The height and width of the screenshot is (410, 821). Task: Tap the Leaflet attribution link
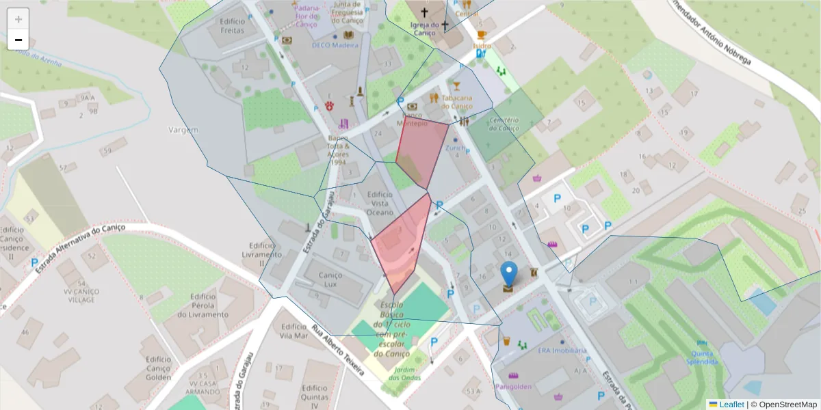[x=731, y=405]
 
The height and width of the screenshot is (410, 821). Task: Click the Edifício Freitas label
[x=233, y=26]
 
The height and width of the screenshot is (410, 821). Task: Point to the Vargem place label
[x=183, y=129]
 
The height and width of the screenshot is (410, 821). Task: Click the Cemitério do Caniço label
[x=504, y=124]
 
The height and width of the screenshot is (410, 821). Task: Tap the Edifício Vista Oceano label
[x=380, y=204]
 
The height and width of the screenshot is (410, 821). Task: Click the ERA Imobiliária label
[x=562, y=351]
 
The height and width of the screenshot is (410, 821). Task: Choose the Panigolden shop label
[x=514, y=386]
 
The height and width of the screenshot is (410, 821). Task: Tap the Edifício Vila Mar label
[x=294, y=331]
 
